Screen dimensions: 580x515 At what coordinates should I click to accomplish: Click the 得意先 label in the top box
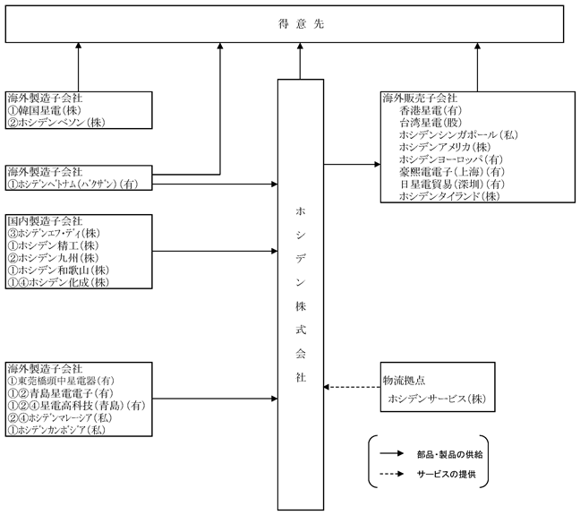(301, 24)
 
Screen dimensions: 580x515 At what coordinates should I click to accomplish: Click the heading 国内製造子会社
(45, 221)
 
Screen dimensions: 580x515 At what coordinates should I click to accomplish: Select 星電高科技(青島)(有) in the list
(92, 406)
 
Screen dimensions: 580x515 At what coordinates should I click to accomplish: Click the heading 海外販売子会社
(420, 99)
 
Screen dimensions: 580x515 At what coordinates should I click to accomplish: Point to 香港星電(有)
(431, 110)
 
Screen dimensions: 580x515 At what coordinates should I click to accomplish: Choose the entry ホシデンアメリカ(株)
(445, 147)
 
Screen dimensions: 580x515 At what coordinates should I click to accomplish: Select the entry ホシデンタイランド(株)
(449, 196)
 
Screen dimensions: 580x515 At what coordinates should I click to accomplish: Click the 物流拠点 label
(404, 381)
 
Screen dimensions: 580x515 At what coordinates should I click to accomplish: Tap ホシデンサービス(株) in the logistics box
(437, 399)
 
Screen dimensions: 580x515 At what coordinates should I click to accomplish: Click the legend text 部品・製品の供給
(450, 454)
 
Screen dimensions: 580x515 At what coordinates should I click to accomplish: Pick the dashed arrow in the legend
(392, 474)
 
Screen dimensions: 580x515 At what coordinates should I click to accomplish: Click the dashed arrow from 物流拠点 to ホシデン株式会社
(352, 387)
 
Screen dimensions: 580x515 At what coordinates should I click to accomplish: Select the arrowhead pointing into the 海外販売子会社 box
(378, 165)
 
